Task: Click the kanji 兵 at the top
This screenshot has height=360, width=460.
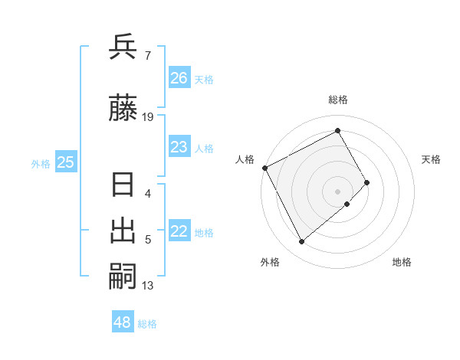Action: pyautogui.click(x=123, y=48)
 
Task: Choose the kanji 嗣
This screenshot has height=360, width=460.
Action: pyautogui.click(x=123, y=277)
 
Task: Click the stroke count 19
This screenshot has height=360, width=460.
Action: pyautogui.click(x=148, y=116)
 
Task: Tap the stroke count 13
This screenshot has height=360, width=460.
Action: pyautogui.click(x=148, y=286)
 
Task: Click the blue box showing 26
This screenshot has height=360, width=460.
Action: pyautogui.click(x=179, y=78)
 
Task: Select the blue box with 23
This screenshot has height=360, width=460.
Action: pyautogui.click(x=179, y=147)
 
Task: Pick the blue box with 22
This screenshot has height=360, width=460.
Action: pyautogui.click(x=179, y=232)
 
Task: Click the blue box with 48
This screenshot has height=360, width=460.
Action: pyautogui.click(x=122, y=322)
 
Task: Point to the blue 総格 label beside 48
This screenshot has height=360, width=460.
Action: pyautogui.click(x=147, y=324)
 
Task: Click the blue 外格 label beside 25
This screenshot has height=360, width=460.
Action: pyautogui.click(x=41, y=163)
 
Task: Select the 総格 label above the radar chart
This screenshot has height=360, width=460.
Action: pyautogui.click(x=338, y=100)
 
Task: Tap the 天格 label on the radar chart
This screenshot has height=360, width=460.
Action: pyautogui.click(x=432, y=159)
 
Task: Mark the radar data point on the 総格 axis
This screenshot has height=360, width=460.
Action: pyautogui.click(x=338, y=130)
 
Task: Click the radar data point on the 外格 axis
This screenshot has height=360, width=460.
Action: pyautogui.click(x=301, y=242)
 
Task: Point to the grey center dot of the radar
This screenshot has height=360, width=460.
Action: pyautogui.click(x=338, y=191)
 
